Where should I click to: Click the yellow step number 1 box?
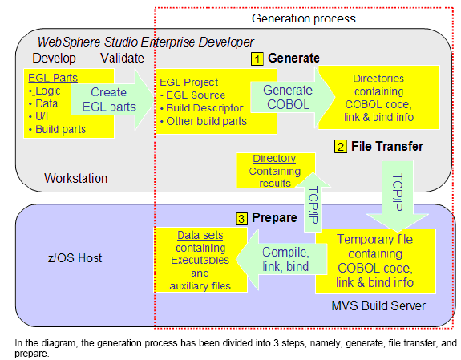(257, 59)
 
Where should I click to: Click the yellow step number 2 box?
(341, 147)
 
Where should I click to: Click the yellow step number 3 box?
(241, 219)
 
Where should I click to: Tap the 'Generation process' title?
(304, 18)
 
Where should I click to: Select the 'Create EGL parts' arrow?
(112, 99)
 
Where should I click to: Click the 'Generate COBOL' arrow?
(293, 97)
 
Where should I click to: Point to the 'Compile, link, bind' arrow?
(281, 260)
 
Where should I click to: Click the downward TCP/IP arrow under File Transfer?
(398, 196)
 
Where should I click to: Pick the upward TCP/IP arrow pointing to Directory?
(313, 202)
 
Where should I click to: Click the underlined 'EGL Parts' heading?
(53, 78)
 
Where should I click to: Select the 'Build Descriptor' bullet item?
(204, 108)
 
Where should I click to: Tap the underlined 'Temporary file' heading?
(374, 239)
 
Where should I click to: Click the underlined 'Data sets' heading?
(200, 235)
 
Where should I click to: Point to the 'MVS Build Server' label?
(378, 306)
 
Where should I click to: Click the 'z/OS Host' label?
(75, 258)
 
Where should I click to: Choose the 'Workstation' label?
(76, 178)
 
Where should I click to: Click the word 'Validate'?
(123, 58)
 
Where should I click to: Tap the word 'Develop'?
(54, 58)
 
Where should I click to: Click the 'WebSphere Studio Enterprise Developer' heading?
(146, 42)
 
